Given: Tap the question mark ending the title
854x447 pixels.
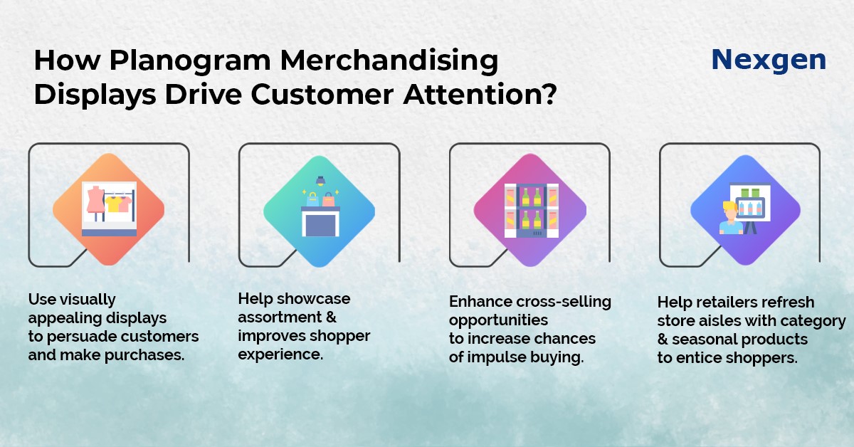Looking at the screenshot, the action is point(549,93).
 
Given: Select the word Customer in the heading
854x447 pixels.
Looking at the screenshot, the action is point(322,94).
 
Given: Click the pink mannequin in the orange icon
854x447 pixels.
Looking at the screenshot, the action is point(95,199).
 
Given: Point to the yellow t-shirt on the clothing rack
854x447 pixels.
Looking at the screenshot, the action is point(113,204).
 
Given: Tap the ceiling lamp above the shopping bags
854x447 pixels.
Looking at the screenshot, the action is point(320,181).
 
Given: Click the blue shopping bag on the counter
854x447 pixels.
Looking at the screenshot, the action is point(312,199).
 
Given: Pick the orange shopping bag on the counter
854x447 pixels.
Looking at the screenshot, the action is point(328,199).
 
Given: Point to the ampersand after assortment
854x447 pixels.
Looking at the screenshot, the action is point(331,317).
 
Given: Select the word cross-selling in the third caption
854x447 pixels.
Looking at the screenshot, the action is point(564,302).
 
